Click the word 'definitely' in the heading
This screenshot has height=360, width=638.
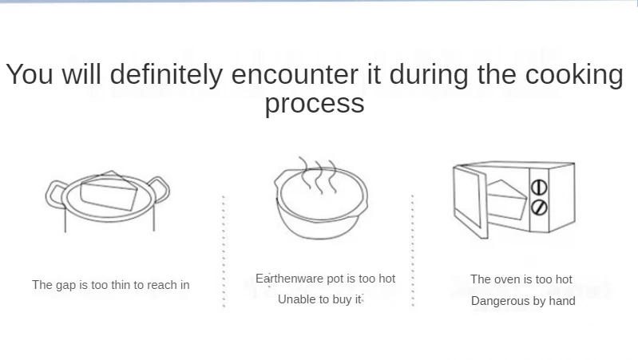pos(166,74)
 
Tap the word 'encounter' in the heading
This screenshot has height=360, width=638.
pos(295,74)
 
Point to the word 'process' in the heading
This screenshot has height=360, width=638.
pos(315,105)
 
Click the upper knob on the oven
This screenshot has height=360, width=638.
pos(539,187)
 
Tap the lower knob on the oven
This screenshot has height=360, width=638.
pos(539,207)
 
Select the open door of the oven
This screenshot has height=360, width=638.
pos(470,200)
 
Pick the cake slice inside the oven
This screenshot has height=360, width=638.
pos(506,200)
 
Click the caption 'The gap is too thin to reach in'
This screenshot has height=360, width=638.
pos(111,285)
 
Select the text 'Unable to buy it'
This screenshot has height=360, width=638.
pos(320,299)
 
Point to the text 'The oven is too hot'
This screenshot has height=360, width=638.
pos(521,279)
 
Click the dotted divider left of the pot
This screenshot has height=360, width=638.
pos(224,251)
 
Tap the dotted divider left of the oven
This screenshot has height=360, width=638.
pos(413,250)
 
